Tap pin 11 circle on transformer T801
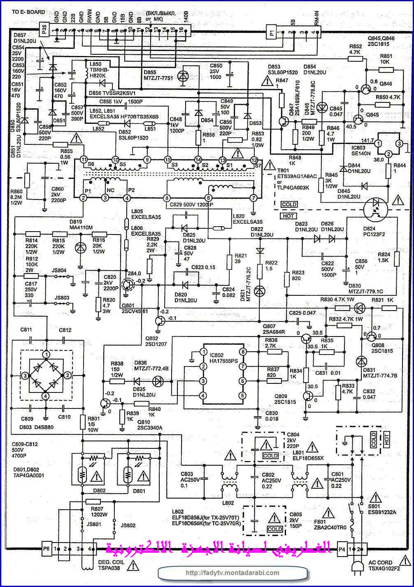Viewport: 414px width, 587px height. [x=84, y=160]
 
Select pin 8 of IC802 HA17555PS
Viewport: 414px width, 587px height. [x=243, y=352]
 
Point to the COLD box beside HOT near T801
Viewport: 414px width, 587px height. [x=289, y=204]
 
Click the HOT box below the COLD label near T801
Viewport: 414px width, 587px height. [x=288, y=216]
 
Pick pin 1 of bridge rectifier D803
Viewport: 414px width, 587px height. [x=47, y=354]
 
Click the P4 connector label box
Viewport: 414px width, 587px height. [x=342, y=549]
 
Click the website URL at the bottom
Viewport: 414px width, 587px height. [x=232, y=573]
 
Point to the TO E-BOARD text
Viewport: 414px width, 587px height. [x=28, y=12]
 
